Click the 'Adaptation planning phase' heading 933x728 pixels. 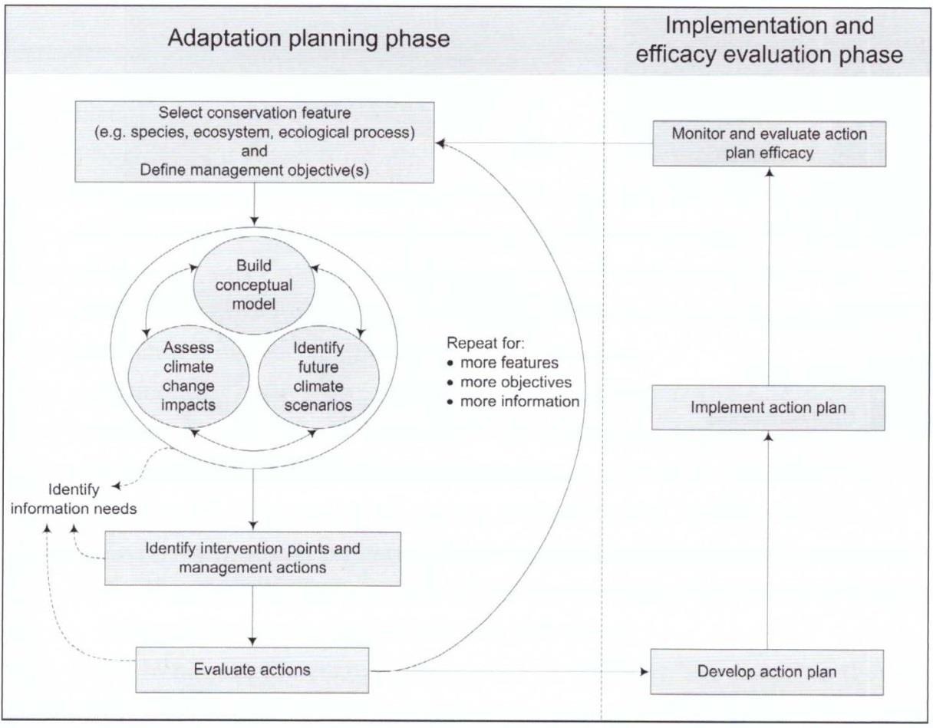tap(308, 39)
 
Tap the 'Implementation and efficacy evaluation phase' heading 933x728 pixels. tap(769, 40)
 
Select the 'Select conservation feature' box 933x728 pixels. tap(254, 142)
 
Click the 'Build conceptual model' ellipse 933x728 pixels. tap(253, 285)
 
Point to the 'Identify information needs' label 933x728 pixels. tap(74, 499)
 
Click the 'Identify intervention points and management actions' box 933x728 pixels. tap(252, 558)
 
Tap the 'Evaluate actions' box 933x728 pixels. tap(252, 670)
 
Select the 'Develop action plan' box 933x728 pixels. tap(767, 672)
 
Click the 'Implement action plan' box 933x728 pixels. tap(768, 407)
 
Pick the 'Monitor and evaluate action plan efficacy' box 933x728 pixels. tap(770, 143)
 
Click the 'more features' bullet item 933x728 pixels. tap(508, 362)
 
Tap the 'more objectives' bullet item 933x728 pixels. tap(514, 381)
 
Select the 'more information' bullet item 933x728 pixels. tap(518, 401)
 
